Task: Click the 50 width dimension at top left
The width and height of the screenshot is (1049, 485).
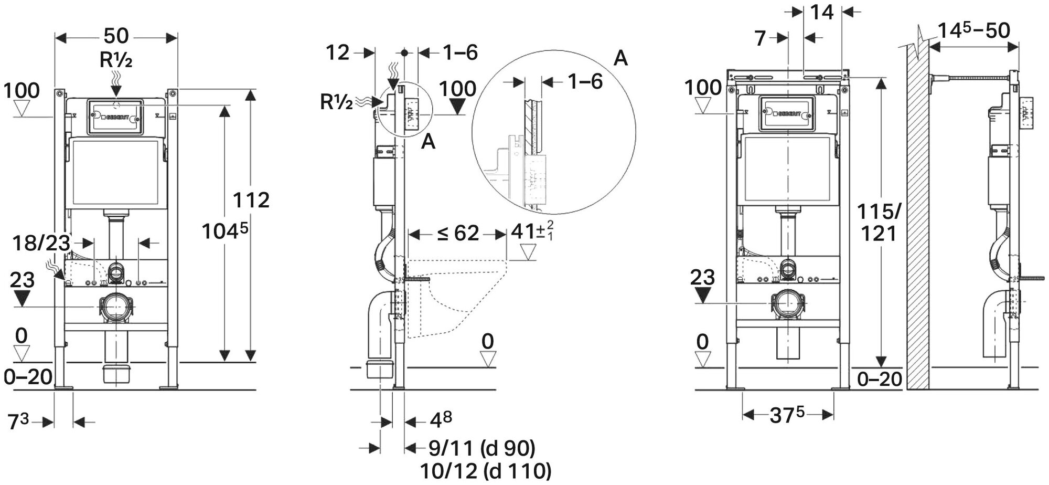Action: click(x=116, y=36)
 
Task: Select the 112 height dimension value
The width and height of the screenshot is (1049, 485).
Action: click(x=252, y=200)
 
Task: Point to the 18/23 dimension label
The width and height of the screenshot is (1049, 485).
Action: click(x=42, y=242)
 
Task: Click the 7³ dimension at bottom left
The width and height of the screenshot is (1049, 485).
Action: click(x=20, y=421)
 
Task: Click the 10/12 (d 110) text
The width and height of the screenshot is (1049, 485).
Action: click(x=485, y=470)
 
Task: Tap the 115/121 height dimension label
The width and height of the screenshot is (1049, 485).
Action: click(x=879, y=222)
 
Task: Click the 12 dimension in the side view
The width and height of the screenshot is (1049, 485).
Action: click(x=338, y=52)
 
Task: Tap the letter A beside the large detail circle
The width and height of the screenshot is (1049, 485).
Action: click(x=620, y=58)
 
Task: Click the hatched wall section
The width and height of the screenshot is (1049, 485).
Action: click(x=918, y=220)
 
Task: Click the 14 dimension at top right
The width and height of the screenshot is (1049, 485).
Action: click(x=822, y=12)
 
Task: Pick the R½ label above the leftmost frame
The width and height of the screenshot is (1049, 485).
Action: click(x=116, y=61)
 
